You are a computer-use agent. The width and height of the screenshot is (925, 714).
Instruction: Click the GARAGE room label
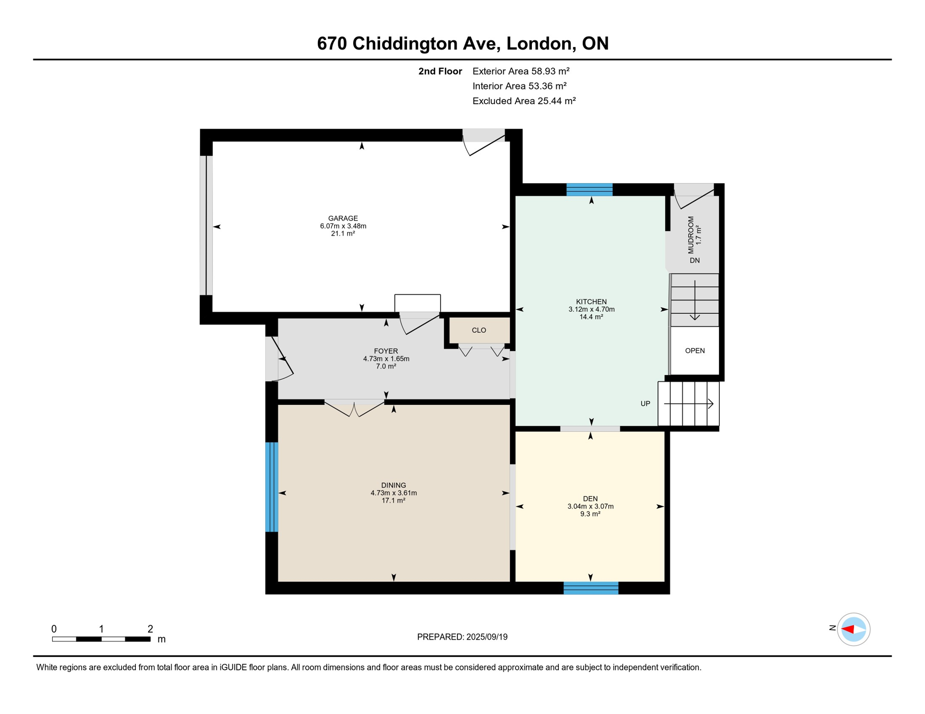(343, 218)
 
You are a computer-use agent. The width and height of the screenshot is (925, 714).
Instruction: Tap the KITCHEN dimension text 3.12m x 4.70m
(591, 309)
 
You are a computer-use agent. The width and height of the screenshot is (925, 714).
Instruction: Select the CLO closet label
(479, 330)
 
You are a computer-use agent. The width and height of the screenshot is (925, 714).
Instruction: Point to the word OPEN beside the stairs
(695, 350)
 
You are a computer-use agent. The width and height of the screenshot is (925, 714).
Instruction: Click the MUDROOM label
(691, 235)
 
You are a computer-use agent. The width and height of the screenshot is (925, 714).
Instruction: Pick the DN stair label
(695, 260)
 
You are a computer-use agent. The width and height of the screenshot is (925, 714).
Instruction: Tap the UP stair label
(645, 403)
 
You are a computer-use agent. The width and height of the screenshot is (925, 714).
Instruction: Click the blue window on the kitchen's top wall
(589, 190)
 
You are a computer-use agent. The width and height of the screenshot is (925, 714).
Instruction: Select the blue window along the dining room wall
(272, 487)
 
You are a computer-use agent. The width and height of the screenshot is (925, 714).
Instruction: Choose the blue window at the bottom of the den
(591, 588)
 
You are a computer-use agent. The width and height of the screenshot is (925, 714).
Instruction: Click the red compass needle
(848, 629)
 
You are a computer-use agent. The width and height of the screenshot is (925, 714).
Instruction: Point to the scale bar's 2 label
(150, 629)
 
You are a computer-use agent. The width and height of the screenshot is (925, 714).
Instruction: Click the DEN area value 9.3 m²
(590, 514)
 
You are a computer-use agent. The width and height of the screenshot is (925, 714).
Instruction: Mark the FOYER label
(386, 351)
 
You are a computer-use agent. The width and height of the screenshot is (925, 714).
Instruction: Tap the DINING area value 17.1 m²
(393, 501)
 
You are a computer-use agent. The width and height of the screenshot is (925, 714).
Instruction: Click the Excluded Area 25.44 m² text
(524, 101)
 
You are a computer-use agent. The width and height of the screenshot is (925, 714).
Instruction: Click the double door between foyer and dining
(355, 408)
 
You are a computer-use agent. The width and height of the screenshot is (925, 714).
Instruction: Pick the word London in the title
(539, 43)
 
